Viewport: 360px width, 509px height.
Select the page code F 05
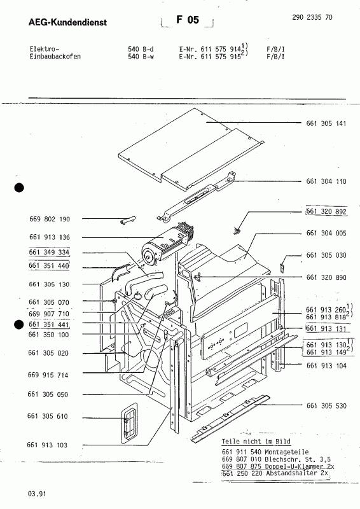point(188,21)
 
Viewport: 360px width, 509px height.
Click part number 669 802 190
point(49,219)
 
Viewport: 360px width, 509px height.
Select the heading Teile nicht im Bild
point(250,441)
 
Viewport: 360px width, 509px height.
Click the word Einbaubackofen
point(55,56)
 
